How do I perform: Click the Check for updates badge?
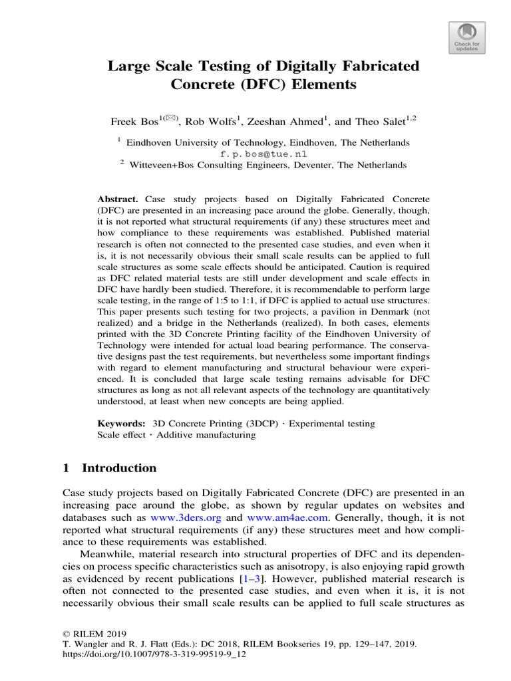click(466, 36)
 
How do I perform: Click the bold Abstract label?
click(118, 200)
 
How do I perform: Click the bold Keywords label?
click(122, 423)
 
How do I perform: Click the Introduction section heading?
click(118, 468)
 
